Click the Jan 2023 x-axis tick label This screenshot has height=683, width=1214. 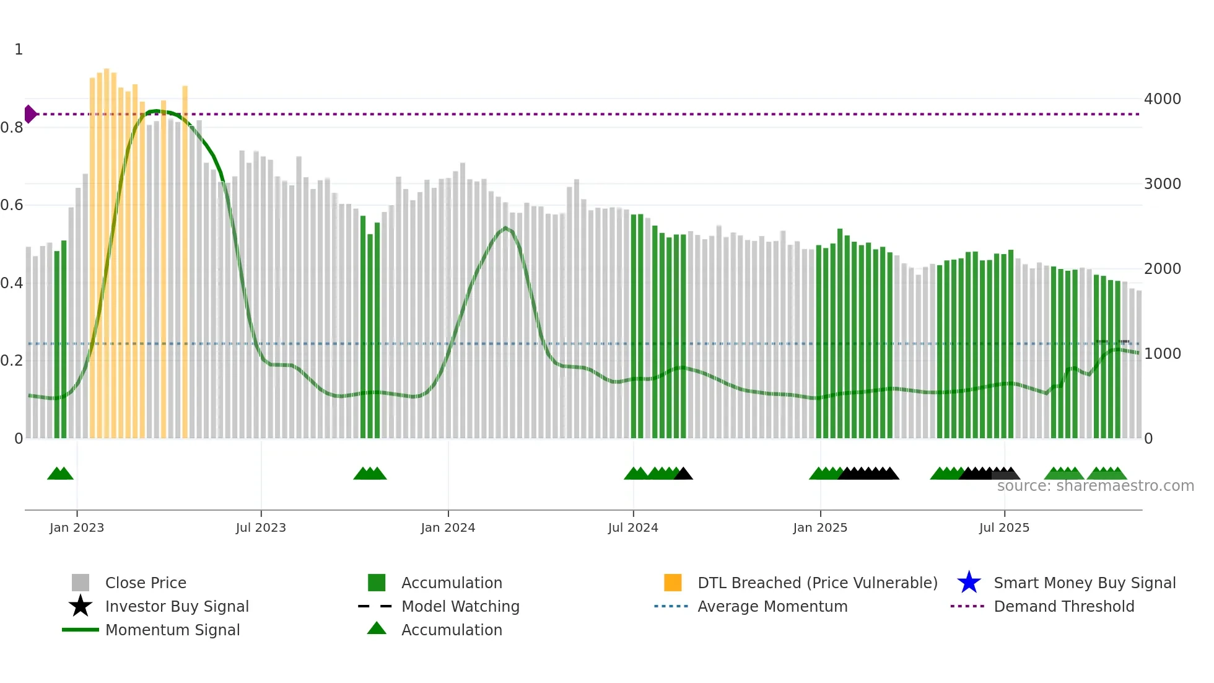(x=77, y=527)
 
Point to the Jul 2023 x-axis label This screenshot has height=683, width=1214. (x=261, y=527)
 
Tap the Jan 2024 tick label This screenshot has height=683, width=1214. (x=448, y=527)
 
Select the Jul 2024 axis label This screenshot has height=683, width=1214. (x=633, y=527)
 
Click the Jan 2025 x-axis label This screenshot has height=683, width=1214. (x=820, y=527)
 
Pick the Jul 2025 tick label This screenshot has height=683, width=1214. (x=1004, y=527)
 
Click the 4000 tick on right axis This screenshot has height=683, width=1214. (x=1162, y=99)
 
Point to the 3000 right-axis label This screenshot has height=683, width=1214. (x=1162, y=184)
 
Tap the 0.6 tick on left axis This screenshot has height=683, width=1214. (x=12, y=205)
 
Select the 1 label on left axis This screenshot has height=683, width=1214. (x=19, y=50)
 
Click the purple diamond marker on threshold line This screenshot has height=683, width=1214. (x=30, y=114)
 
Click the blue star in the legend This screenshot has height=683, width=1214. (x=969, y=583)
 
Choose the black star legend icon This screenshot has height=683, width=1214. (x=81, y=606)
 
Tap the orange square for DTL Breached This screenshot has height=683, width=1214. (x=673, y=583)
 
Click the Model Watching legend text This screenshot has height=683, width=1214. (x=460, y=606)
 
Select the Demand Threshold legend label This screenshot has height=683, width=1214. (x=1063, y=606)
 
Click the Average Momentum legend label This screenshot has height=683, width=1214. (x=772, y=606)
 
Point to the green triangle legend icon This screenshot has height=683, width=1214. (x=377, y=628)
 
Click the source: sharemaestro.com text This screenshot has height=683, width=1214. (x=1095, y=486)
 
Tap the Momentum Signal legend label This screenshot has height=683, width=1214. (x=172, y=630)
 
